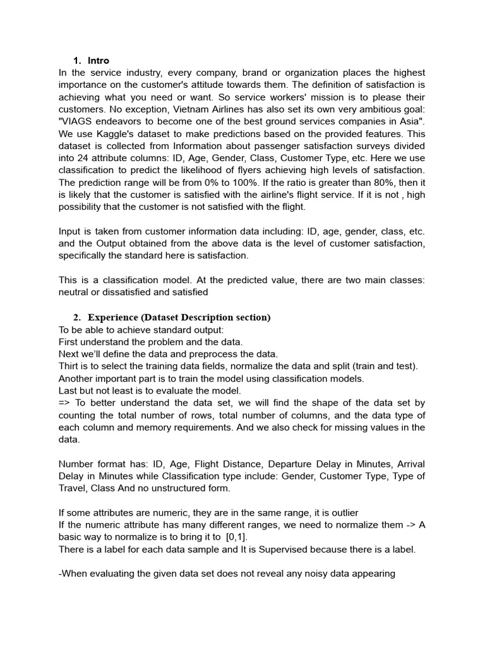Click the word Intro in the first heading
(99, 61)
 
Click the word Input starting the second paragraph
(71, 231)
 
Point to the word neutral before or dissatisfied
(75, 293)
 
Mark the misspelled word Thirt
(69, 366)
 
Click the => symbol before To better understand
(65, 402)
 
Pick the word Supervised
(307, 549)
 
